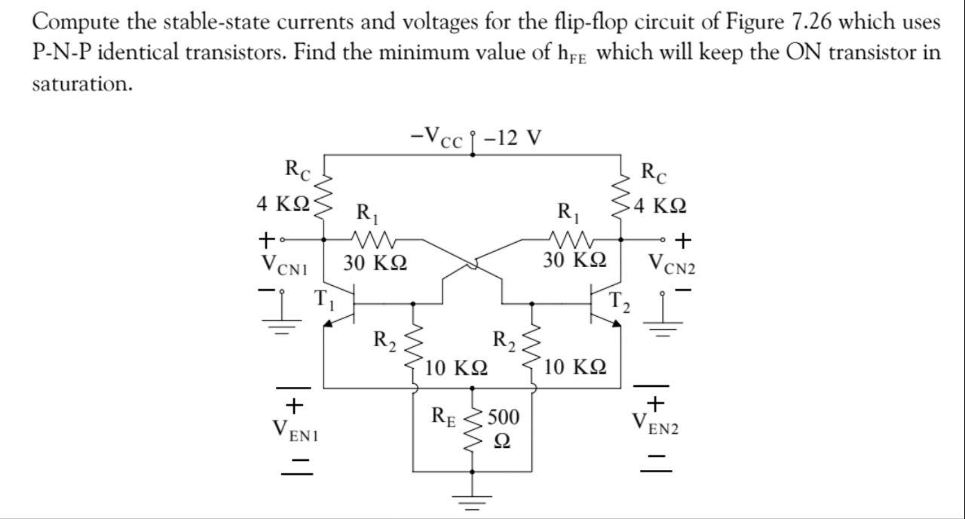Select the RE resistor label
[x=443, y=416]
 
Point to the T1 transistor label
[x=323, y=299]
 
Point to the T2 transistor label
[x=618, y=301]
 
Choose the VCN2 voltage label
[x=673, y=263]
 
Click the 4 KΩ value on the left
[x=283, y=204]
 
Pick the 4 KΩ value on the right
[x=660, y=205]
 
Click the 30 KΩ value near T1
[x=375, y=263]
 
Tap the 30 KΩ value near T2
[x=574, y=260]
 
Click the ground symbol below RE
[x=473, y=499]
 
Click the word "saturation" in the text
[x=81, y=84]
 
